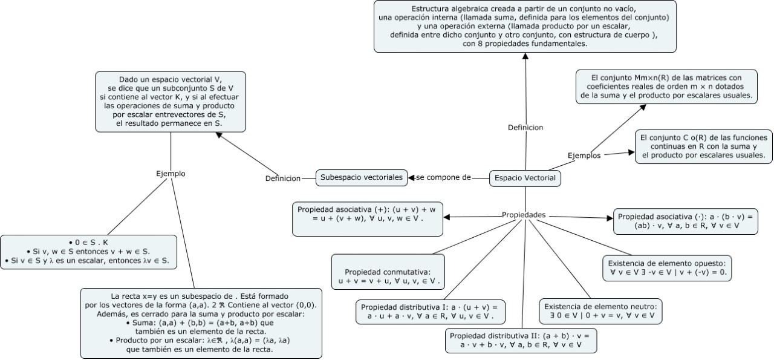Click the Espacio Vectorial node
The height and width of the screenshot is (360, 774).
[524, 178]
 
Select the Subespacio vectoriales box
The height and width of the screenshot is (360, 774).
[361, 177]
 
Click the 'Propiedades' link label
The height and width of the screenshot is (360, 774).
[524, 215]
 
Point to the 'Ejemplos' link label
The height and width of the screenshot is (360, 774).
[584, 155]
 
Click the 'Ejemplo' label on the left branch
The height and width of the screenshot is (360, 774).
[171, 174]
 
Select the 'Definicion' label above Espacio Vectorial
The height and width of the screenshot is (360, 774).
[525, 128]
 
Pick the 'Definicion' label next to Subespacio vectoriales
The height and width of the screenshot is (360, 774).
[283, 178]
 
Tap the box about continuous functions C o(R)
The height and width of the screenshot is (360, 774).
[704, 146]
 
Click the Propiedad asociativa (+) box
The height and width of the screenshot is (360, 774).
[367, 219]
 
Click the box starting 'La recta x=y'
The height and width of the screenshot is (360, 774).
[201, 322]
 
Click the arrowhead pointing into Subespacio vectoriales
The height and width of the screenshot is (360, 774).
[411, 177]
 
